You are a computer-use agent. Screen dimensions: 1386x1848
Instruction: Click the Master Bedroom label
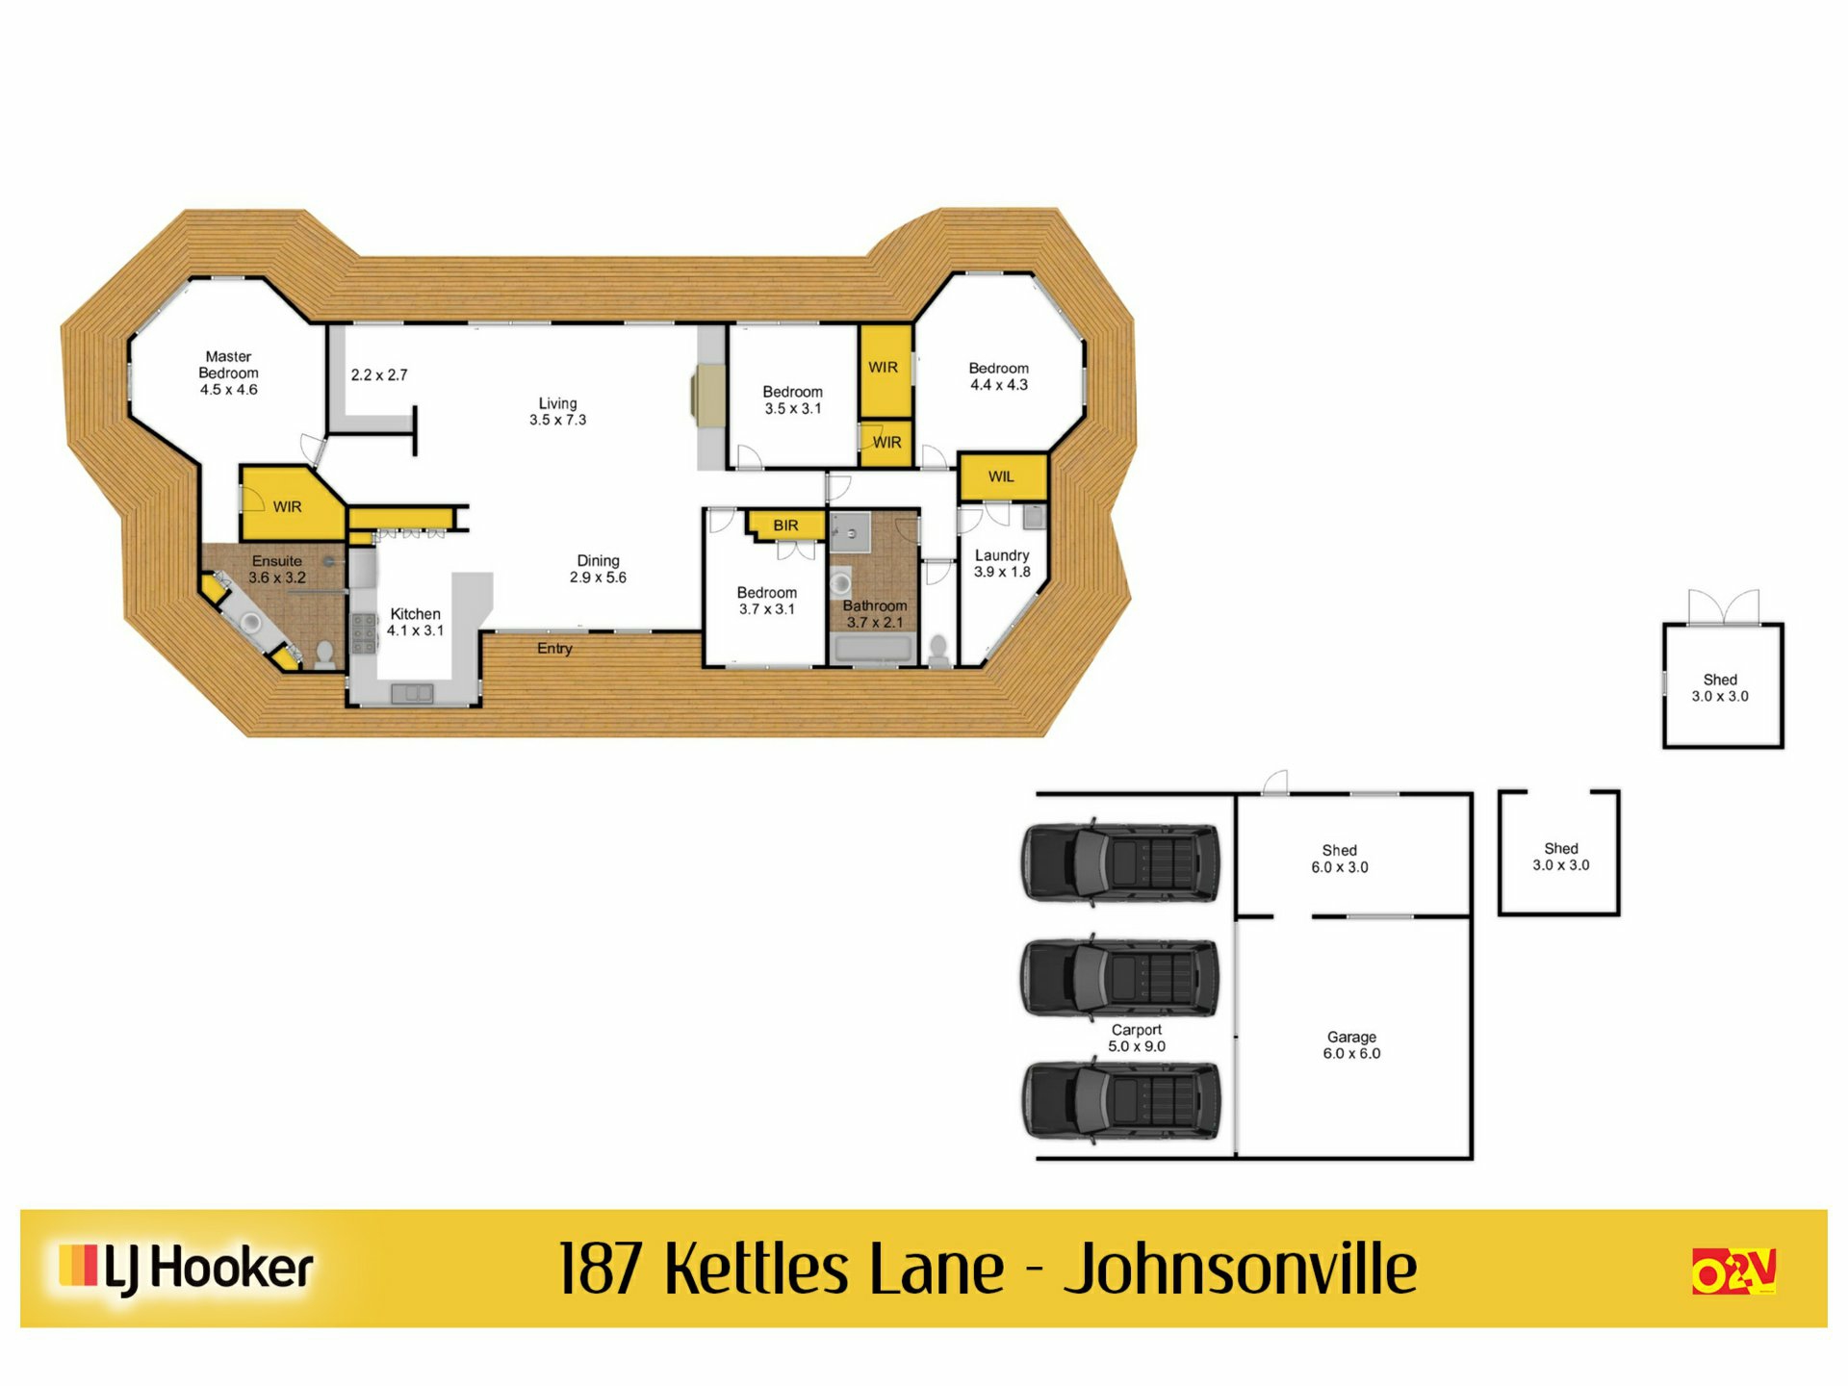pos(228,372)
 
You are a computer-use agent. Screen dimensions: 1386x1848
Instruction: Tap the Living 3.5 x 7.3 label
pos(557,411)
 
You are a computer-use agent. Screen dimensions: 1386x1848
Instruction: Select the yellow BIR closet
pos(784,526)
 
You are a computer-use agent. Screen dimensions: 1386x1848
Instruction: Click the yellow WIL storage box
pos(1001,476)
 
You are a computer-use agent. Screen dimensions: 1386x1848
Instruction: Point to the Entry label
pos(554,649)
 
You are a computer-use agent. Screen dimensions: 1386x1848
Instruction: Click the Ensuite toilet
pos(325,655)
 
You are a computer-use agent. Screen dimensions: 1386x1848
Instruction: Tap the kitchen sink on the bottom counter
pos(412,693)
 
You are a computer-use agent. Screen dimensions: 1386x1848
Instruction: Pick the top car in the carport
pos(1119,862)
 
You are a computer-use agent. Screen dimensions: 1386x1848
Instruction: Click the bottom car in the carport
pos(1119,1100)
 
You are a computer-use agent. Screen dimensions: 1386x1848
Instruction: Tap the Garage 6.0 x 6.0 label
pos(1351,1045)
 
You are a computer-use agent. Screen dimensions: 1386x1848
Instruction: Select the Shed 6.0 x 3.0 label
pos(1339,859)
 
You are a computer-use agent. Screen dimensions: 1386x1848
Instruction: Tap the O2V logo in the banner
pos(1733,1271)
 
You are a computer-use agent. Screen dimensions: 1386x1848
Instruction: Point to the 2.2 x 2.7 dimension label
pos(379,375)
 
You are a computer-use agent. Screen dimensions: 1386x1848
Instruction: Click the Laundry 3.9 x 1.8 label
pos(1002,563)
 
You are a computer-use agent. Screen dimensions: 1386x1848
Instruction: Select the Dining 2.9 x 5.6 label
pos(598,569)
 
